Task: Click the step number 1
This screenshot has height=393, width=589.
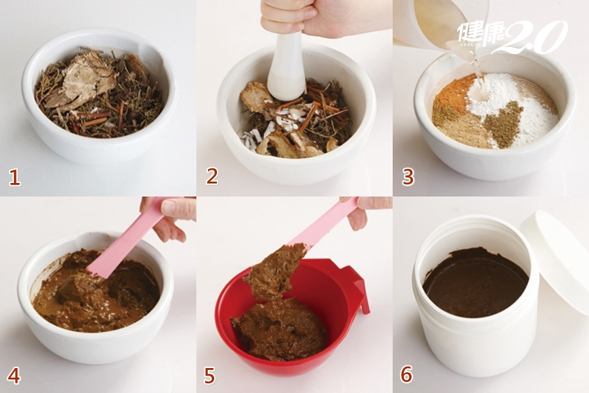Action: tap(15, 177)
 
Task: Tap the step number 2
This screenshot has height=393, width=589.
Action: tap(212, 176)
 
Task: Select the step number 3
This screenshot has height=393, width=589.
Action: tap(408, 177)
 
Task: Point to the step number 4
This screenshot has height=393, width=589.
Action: tap(14, 376)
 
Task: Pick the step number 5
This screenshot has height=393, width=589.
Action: tap(209, 376)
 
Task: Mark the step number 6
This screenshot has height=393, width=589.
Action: tap(407, 374)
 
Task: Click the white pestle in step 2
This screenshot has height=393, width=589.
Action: tap(287, 68)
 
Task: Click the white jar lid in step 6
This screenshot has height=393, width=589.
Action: tap(556, 259)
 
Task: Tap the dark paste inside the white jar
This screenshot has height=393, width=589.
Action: tap(476, 282)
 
